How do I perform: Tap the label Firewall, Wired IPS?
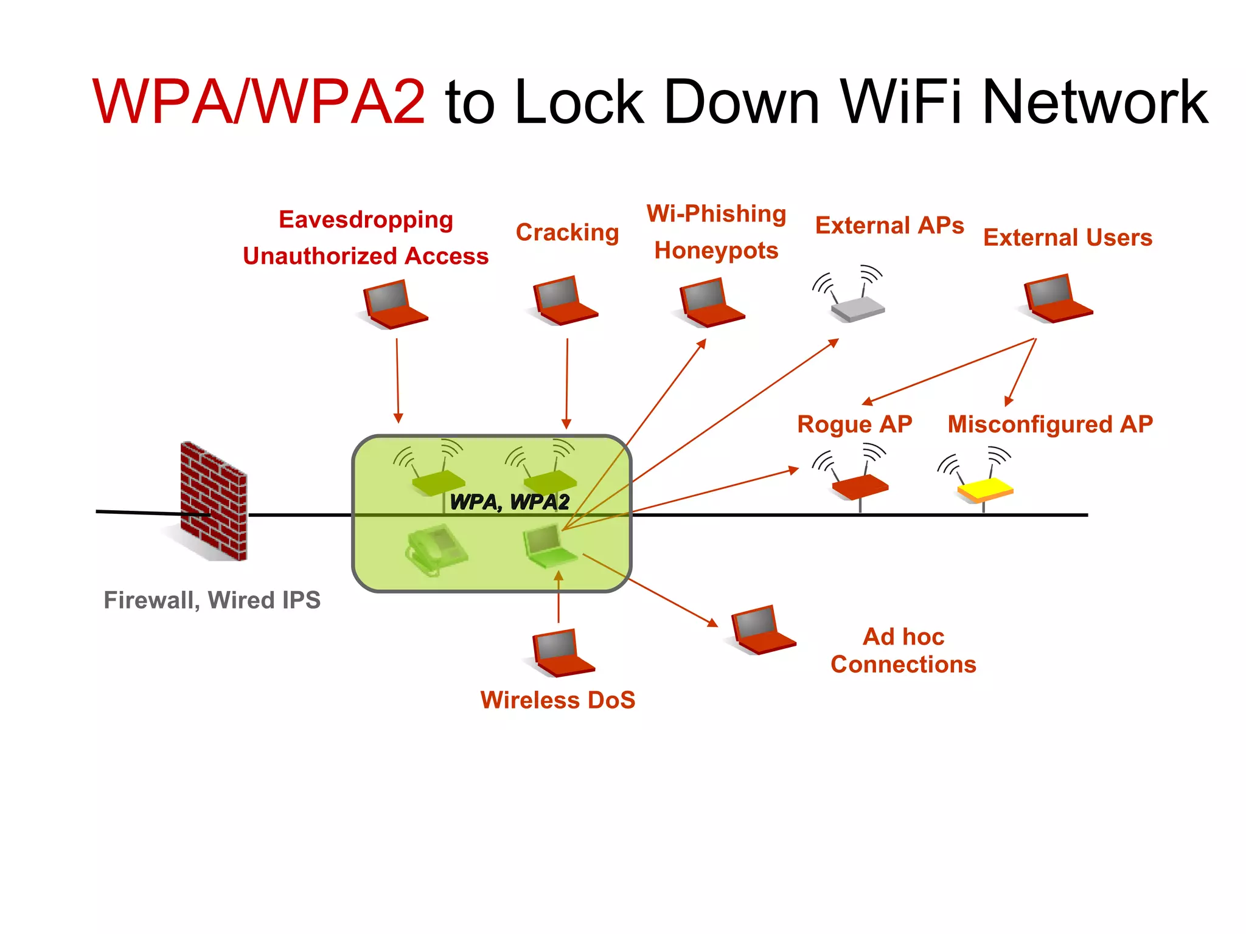pos(212,600)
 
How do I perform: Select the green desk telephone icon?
pos(436,550)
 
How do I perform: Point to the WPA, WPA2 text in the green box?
pos(509,502)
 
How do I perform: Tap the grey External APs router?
pos(858,308)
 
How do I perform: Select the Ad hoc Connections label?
pos(903,651)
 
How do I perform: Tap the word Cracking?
pos(567,232)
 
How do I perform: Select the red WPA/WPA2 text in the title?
pos(259,102)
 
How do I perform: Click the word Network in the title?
pos(1095,102)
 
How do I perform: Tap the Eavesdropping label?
pos(366,220)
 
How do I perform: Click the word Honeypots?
pos(716,251)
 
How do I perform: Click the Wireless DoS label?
pos(558,700)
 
